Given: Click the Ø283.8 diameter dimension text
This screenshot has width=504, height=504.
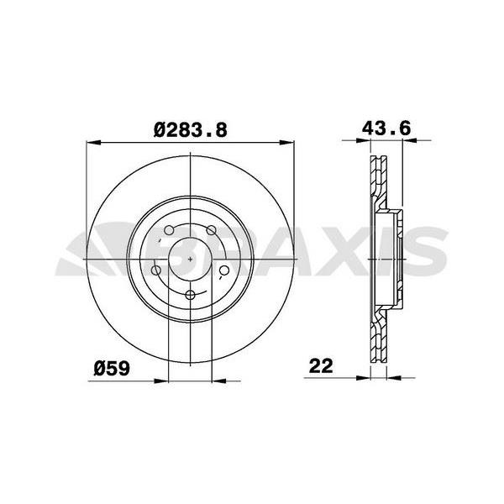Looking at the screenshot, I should pos(192,129).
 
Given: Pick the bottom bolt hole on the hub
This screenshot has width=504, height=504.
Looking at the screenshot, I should pos(191,294).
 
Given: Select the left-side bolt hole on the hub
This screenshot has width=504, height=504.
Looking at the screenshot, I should pos(157,270).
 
